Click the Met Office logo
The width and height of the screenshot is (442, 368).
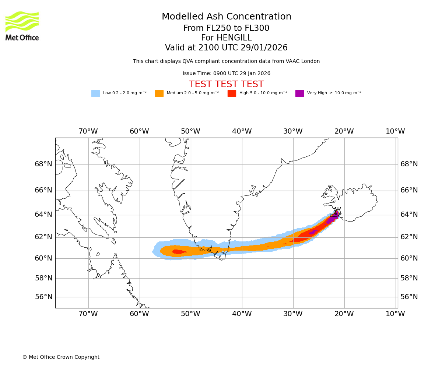22,26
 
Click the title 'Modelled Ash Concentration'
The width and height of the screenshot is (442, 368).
227,17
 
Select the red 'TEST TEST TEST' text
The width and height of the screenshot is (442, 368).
226,84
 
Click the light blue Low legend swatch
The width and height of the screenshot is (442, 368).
95,93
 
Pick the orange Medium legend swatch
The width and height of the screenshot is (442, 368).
159,93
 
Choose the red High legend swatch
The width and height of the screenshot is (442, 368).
232,93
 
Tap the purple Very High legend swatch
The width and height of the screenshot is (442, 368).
299,93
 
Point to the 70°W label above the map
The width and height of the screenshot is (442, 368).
88,131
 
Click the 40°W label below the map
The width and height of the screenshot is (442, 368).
242,314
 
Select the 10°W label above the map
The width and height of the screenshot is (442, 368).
395,131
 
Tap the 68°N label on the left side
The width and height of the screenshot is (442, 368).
43,164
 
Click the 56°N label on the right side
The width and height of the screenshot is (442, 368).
409,297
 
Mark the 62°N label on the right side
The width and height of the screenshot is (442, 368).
409,237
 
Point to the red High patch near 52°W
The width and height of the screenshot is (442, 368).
179,252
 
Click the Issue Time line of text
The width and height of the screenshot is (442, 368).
226,74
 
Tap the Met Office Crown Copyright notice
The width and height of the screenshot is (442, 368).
61,357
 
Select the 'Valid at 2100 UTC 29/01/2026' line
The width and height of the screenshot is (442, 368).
226,48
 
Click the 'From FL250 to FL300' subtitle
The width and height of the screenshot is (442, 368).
226,28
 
